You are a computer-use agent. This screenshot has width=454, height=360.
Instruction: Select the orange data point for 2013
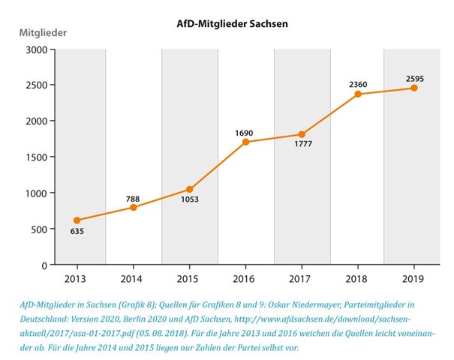pyautogui.click(x=77, y=220)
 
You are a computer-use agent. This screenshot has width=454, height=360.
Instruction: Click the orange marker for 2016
pyautogui.click(x=245, y=142)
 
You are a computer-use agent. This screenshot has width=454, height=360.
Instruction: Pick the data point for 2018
pyautogui.click(x=358, y=94)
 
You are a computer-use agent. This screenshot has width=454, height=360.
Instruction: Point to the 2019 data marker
pyautogui.click(x=413, y=88)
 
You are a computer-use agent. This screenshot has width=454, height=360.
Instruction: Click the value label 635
pyautogui.click(x=77, y=232)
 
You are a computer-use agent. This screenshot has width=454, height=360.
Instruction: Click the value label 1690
pyautogui.click(x=244, y=133)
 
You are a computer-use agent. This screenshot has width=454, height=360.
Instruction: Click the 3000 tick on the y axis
pyautogui.click(x=35, y=49)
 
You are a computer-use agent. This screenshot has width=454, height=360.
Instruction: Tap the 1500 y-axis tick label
pyautogui.click(x=35, y=157)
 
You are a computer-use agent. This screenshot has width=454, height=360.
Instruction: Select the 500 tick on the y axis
pyautogui.click(x=38, y=229)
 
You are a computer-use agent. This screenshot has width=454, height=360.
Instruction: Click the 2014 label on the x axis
pyautogui.click(x=133, y=279)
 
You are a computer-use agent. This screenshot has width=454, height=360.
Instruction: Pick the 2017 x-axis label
pyautogui.click(x=302, y=279)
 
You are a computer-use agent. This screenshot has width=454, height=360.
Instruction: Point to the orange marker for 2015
pyautogui.click(x=189, y=189)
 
